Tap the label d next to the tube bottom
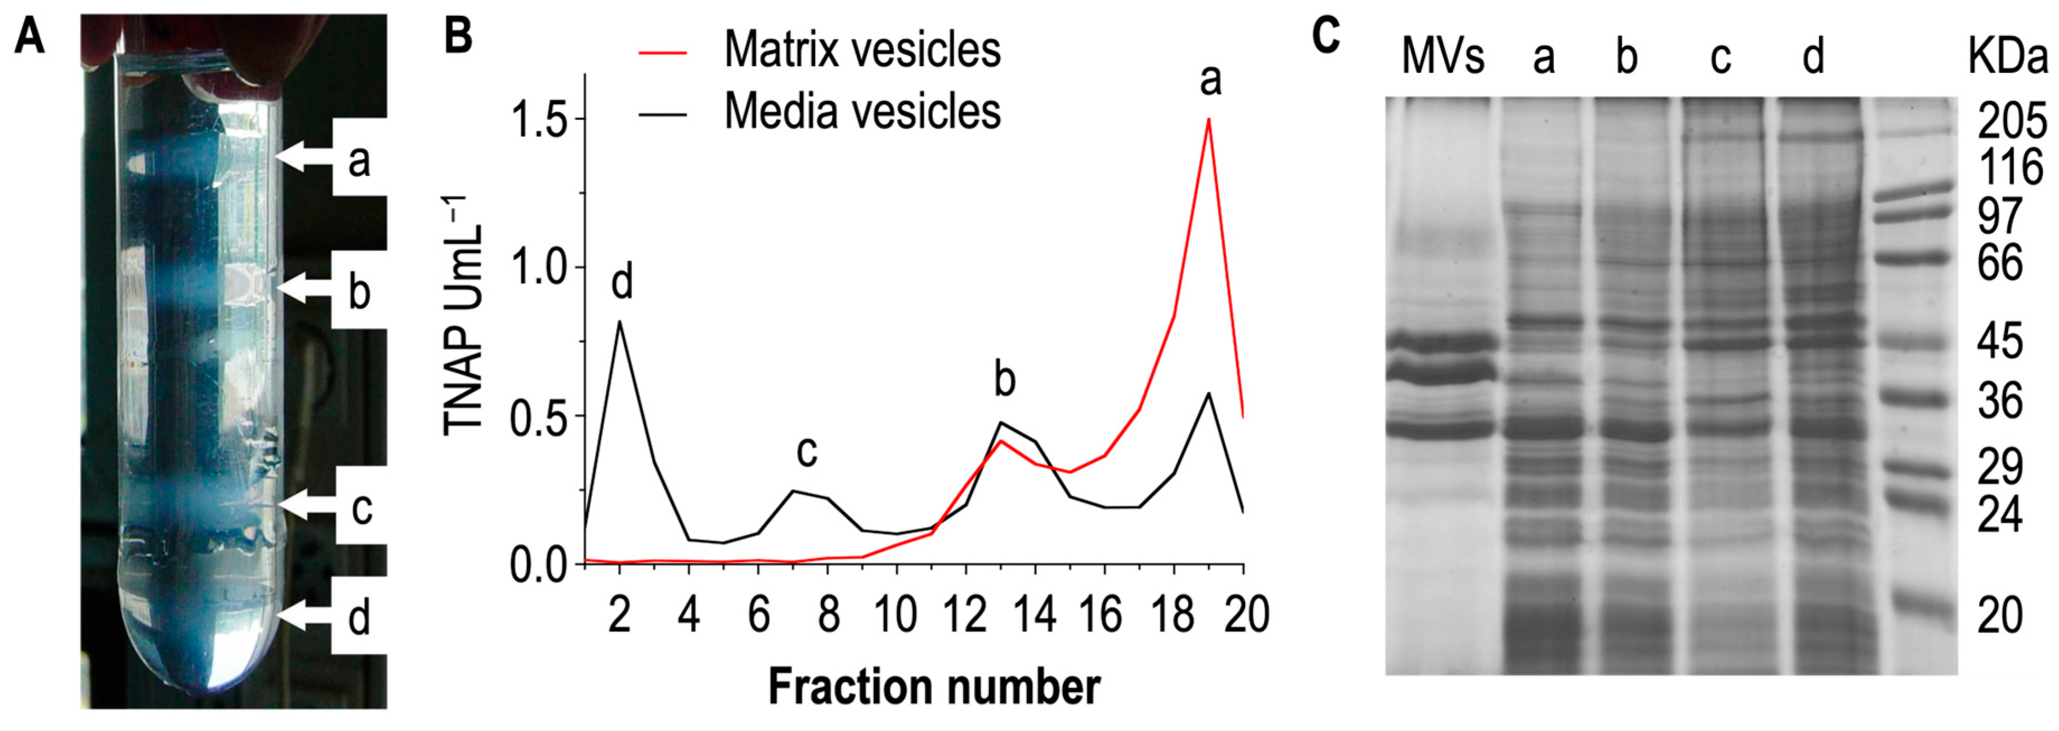(359, 617)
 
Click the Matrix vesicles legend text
(861, 50)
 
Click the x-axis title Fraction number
(934, 686)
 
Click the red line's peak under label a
(1209, 119)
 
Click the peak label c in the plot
(807, 452)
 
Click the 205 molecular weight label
(2011, 123)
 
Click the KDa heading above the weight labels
(2006, 58)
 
